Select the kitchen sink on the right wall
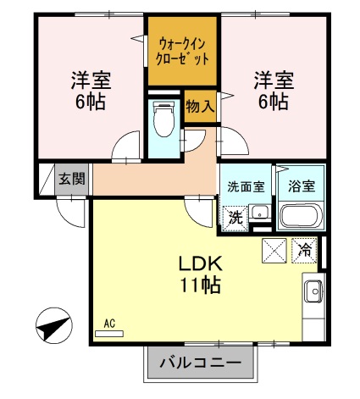pyautogui.click(x=312, y=291)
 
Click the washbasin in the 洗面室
pyautogui.click(x=262, y=213)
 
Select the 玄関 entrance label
pyautogui.click(x=72, y=179)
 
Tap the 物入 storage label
pyautogui.click(x=200, y=108)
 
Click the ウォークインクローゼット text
pyautogui.click(x=183, y=50)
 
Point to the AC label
pyautogui.click(x=108, y=323)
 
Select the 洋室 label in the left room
pyautogui.click(x=90, y=81)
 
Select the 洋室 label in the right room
pyautogui.click(x=273, y=81)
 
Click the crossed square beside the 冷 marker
pyautogui.click(x=274, y=250)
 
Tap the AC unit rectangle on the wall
pyautogui.click(x=108, y=334)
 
